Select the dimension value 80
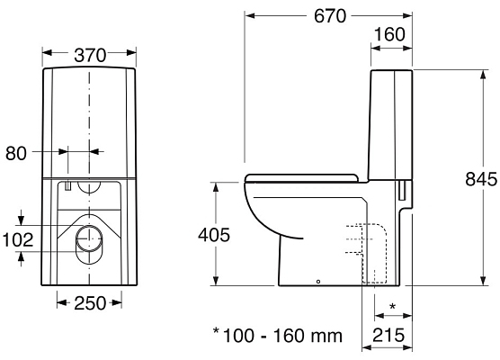(16, 154)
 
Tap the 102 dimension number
(17, 240)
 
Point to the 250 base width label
(90, 302)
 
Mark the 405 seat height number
(213, 236)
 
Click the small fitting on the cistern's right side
(404, 190)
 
